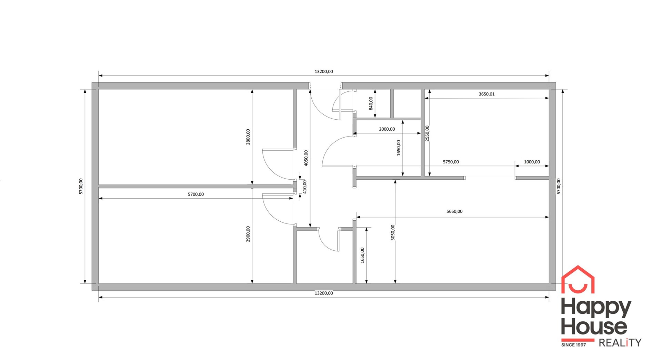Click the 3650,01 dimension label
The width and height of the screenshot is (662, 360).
pyautogui.click(x=487, y=94)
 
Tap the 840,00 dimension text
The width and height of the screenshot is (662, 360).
pyautogui.click(x=371, y=103)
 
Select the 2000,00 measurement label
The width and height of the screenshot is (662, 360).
pyautogui.click(x=387, y=129)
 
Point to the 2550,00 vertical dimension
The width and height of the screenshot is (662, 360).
pyautogui.click(x=427, y=133)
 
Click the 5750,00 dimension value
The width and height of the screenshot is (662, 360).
pyautogui.click(x=451, y=162)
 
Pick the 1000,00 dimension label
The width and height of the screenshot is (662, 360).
pyautogui.click(x=532, y=162)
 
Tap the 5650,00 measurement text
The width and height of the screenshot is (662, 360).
pyautogui.click(x=454, y=211)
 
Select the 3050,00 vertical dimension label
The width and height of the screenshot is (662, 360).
pyautogui.click(x=393, y=232)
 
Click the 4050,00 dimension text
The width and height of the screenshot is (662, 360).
pyautogui.click(x=306, y=158)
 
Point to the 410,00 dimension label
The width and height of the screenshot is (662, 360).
pyautogui.click(x=304, y=187)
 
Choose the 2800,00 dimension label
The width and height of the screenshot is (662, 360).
pyautogui.click(x=248, y=137)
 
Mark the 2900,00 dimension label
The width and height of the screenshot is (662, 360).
pyautogui.click(x=248, y=234)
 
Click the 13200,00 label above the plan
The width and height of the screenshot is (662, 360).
pyautogui.click(x=324, y=72)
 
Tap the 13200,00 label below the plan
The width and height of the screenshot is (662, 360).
pyautogui.click(x=324, y=293)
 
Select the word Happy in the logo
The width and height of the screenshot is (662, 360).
pyautogui.click(x=596, y=308)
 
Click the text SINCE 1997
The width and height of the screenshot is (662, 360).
pyautogui.click(x=573, y=345)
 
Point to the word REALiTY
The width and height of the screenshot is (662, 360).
pyautogui.click(x=620, y=343)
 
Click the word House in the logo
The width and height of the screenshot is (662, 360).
pyautogui.click(x=594, y=327)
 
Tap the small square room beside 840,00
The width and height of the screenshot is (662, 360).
pyautogui.click(x=407, y=103)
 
